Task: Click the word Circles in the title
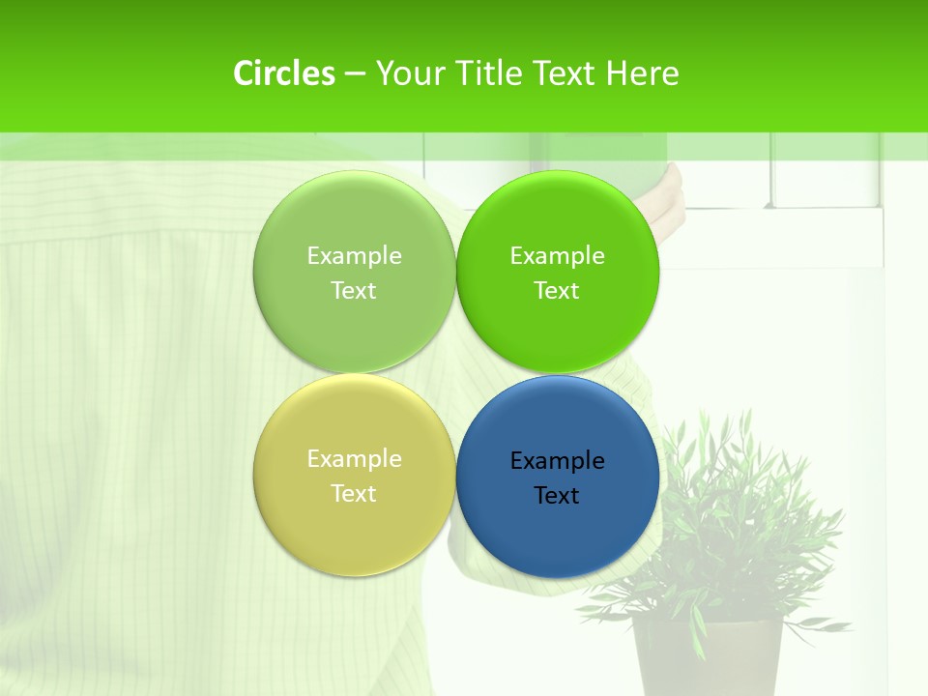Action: point(283,73)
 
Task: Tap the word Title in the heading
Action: point(491,73)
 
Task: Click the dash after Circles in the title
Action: point(354,74)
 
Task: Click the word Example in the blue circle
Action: point(558,461)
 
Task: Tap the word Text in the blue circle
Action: point(557,496)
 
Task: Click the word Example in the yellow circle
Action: point(354,459)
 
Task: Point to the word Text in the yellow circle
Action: point(354,494)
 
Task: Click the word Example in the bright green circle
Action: point(558,256)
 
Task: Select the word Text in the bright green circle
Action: point(557,291)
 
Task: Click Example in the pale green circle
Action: point(354,256)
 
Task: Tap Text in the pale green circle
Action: point(354,291)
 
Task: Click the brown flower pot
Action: point(708,657)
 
